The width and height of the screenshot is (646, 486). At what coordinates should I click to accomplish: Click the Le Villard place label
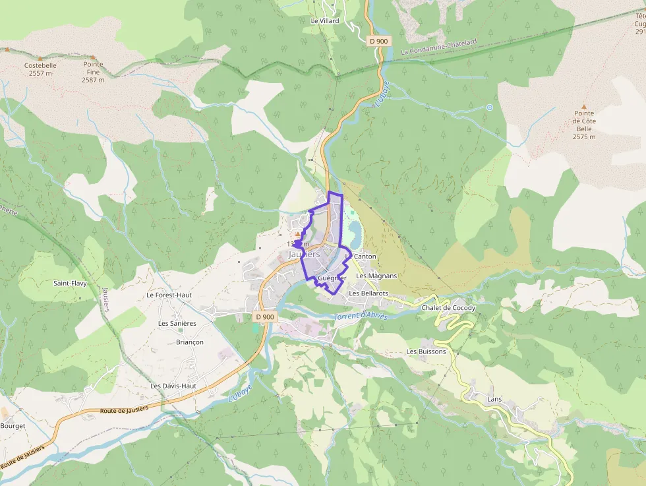pyautogui.click(x=324, y=21)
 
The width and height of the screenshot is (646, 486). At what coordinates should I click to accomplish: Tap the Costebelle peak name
pyautogui.click(x=40, y=66)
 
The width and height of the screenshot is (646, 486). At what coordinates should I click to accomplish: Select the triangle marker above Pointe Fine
pyautogui.click(x=93, y=57)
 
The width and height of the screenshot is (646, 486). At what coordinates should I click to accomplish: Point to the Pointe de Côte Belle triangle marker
pyautogui.click(x=583, y=106)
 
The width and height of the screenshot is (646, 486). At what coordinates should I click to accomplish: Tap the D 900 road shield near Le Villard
pyautogui.click(x=379, y=41)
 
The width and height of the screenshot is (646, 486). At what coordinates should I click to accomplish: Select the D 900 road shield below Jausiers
pyautogui.click(x=264, y=317)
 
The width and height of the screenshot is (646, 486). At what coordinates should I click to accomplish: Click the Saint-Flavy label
pyautogui.click(x=71, y=283)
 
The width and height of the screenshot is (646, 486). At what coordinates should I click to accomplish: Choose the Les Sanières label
pyautogui.click(x=177, y=324)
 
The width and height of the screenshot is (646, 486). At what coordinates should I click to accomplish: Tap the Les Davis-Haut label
pyautogui.click(x=173, y=386)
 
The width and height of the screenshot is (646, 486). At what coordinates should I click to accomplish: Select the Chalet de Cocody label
pyautogui.click(x=448, y=308)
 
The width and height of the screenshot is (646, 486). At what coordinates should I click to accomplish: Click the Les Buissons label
pyautogui.click(x=426, y=351)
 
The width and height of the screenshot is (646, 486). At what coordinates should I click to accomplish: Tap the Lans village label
pyautogui.click(x=494, y=399)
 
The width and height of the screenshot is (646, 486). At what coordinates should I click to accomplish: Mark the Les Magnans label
pyautogui.click(x=376, y=276)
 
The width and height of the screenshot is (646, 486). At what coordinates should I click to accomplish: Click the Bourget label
pyautogui.click(x=13, y=426)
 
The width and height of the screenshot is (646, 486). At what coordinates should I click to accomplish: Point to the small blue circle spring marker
pyautogui.click(x=489, y=107)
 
